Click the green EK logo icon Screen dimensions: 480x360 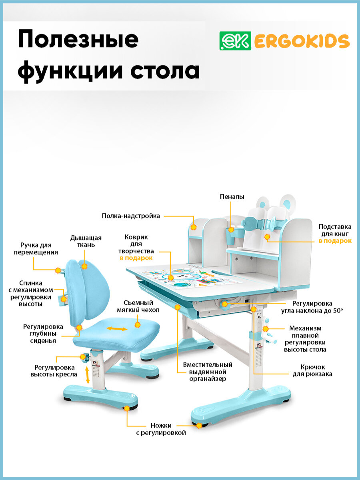click(x=235, y=41)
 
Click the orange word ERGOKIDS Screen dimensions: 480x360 click(x=302, y=41)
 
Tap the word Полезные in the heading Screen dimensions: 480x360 click(x=78, y=40)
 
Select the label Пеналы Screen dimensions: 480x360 click(x=232, y=197)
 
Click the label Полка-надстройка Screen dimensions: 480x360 click(x=131, y=216)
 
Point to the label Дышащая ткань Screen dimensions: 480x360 click(x=86, y=241)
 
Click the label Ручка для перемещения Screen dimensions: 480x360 click(x=36, y=248)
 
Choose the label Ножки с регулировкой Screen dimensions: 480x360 click(x=168, y=429)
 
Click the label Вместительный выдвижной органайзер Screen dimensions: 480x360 click(x=208, y=372)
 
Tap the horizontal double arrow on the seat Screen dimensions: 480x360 click(x=117, y=329)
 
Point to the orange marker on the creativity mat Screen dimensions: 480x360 click(x=171, y=277)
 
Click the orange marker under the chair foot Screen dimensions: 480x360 click(x=127, y=408)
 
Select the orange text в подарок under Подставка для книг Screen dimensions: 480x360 click(x=335, y=241)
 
